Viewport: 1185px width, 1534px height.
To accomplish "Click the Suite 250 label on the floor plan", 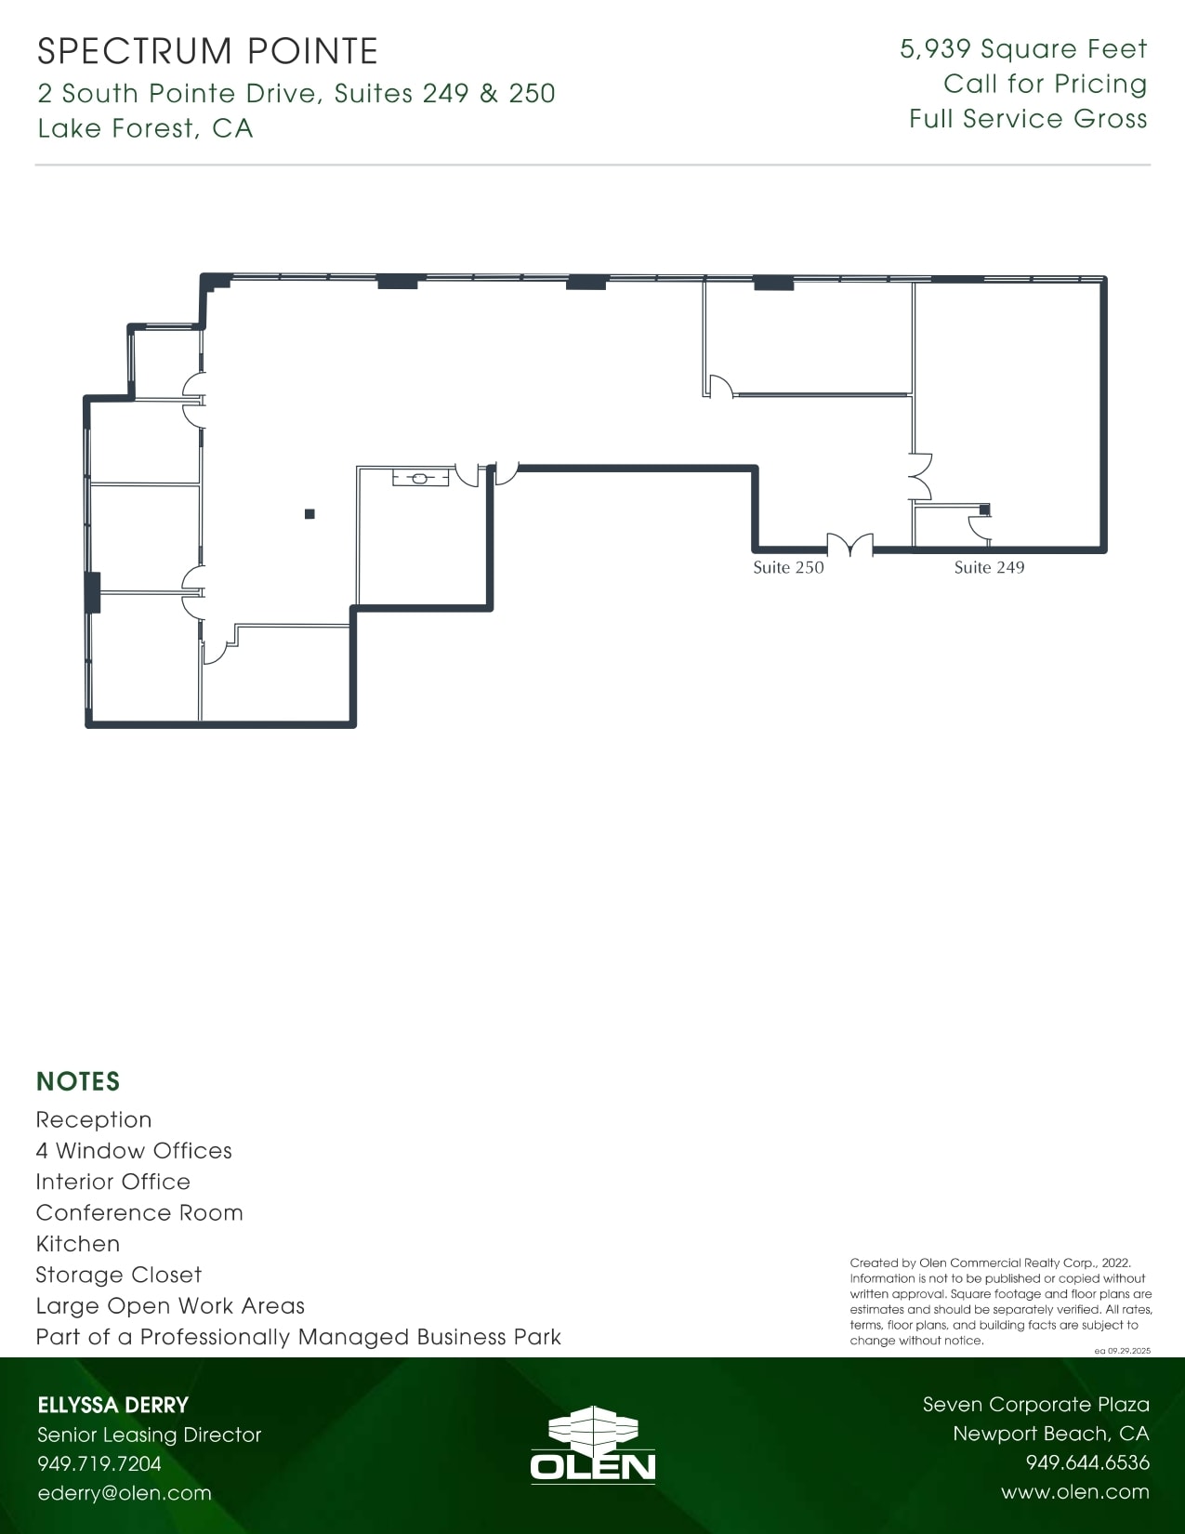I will click(788, 567).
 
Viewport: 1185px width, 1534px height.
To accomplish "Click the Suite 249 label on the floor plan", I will click(989, 567).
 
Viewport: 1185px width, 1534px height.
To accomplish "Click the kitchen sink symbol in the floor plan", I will click(420, 479).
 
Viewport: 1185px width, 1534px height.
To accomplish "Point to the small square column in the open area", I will click(309, 513).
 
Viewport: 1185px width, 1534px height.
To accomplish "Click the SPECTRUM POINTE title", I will click(207, 51).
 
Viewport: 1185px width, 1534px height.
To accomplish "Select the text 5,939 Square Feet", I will click(1023, 49).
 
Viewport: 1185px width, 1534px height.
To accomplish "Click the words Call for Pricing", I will click(1045, 84).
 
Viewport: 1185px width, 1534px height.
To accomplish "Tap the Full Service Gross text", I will click(1028, 119).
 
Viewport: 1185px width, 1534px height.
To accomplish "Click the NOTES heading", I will click(78, 1081).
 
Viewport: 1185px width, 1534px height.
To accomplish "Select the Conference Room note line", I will click(139, 1212).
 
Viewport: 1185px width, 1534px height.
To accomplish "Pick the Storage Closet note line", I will click(118, 1275).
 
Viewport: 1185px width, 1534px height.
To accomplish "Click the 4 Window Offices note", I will click(134, 1151).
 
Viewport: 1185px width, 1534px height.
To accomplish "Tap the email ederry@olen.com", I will click(125, 1493).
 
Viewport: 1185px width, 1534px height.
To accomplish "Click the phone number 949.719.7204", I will click(99, 1463).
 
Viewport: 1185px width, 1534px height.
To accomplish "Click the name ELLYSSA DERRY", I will click(113, 1405).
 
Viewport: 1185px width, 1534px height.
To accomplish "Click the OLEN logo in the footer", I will click(593, 1446).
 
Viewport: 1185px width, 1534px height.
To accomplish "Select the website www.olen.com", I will click(1074, 1492).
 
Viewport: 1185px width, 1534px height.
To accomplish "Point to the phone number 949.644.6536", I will click(1087, 1462).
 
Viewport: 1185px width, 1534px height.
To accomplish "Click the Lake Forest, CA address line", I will click(145, 128).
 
